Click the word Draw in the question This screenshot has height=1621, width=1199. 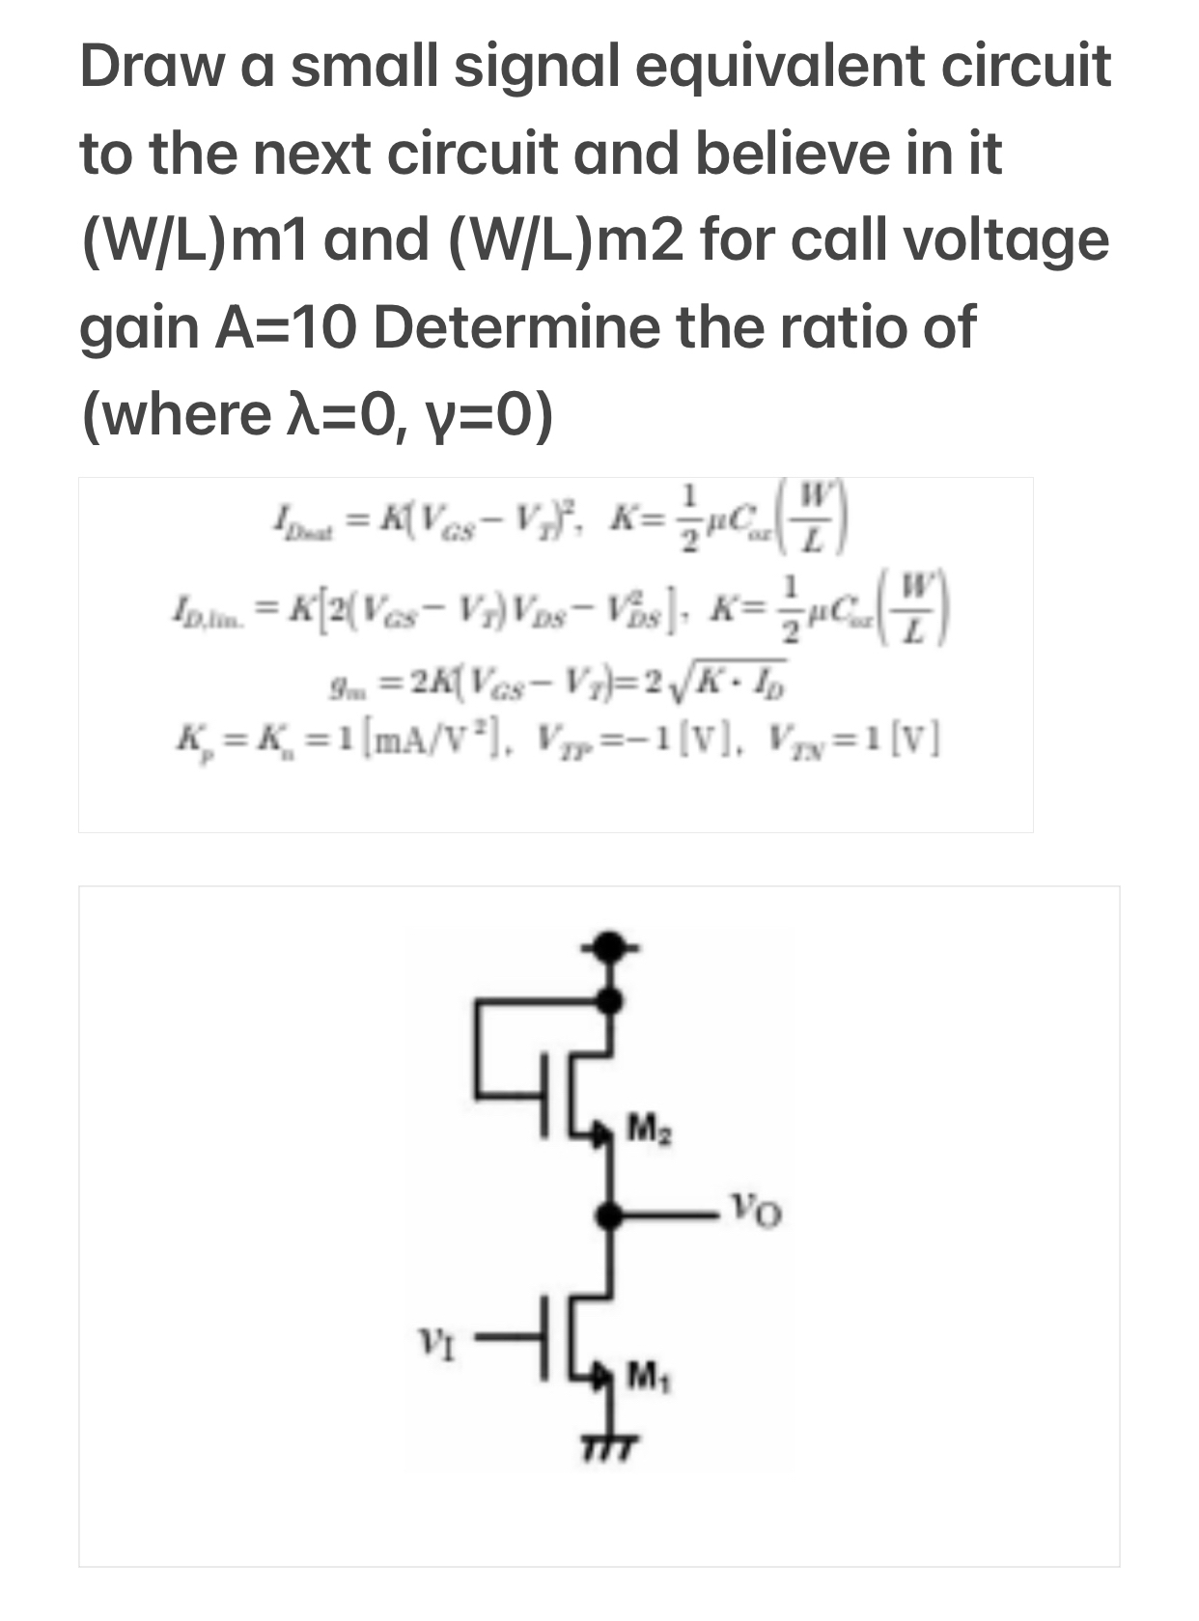tap(151, 68)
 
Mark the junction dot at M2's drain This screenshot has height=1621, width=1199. tap(607, 1001)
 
